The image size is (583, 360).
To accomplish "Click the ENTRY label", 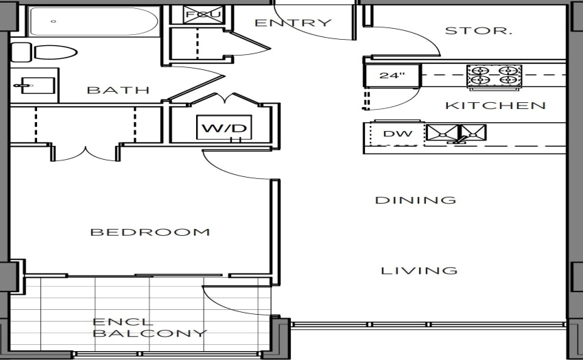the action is tap(293, 23).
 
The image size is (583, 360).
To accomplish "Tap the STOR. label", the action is tap(479, 30).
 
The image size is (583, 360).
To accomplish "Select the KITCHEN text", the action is tap(495, 106).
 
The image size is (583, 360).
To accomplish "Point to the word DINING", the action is tap(416, 200).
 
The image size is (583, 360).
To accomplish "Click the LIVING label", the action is tap(419, 270).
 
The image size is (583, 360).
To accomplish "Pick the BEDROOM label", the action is tap(150, 232).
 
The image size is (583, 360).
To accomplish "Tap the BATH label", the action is tap(118, 90).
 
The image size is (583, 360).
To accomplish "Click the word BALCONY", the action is tap(150, 333).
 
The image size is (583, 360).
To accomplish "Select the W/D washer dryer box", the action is tap(224, 128).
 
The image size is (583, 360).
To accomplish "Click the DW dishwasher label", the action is tap(397, 134).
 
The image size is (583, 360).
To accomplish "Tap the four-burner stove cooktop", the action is tap(495, 75).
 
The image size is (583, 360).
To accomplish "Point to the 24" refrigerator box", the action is tap(392, 76).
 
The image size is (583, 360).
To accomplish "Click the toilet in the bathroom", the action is tap(44, 52).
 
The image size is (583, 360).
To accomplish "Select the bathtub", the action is tap(94, 21).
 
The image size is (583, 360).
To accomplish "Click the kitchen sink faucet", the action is tap(458, 140).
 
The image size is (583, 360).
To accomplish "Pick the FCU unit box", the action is tap(204, 15).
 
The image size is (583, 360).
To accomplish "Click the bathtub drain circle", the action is tap(53, 21).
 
